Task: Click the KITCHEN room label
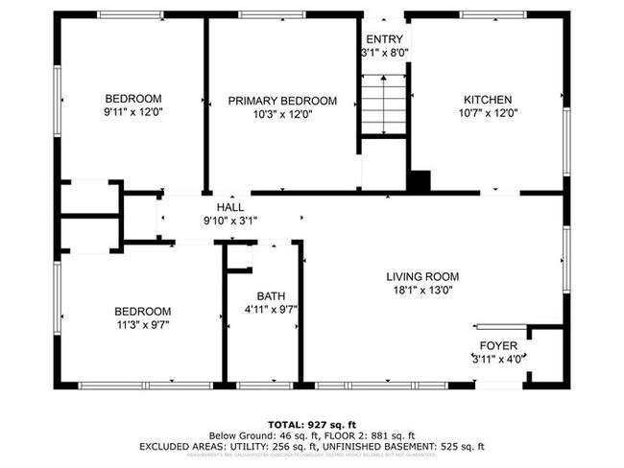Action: coord(488,100)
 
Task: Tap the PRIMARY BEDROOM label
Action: coord(282,101)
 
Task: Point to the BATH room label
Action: coord(270,295)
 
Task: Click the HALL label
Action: coord(229,206)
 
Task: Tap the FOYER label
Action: coord(498,345)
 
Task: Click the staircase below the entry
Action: coord(383,106)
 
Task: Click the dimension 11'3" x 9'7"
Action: coord(142,325)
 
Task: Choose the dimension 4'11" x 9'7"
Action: coord(270,310)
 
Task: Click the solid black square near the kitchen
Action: coord(420,181)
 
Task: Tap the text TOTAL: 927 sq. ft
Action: coord(311,423)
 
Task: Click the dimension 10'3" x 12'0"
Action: coord(282,114)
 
